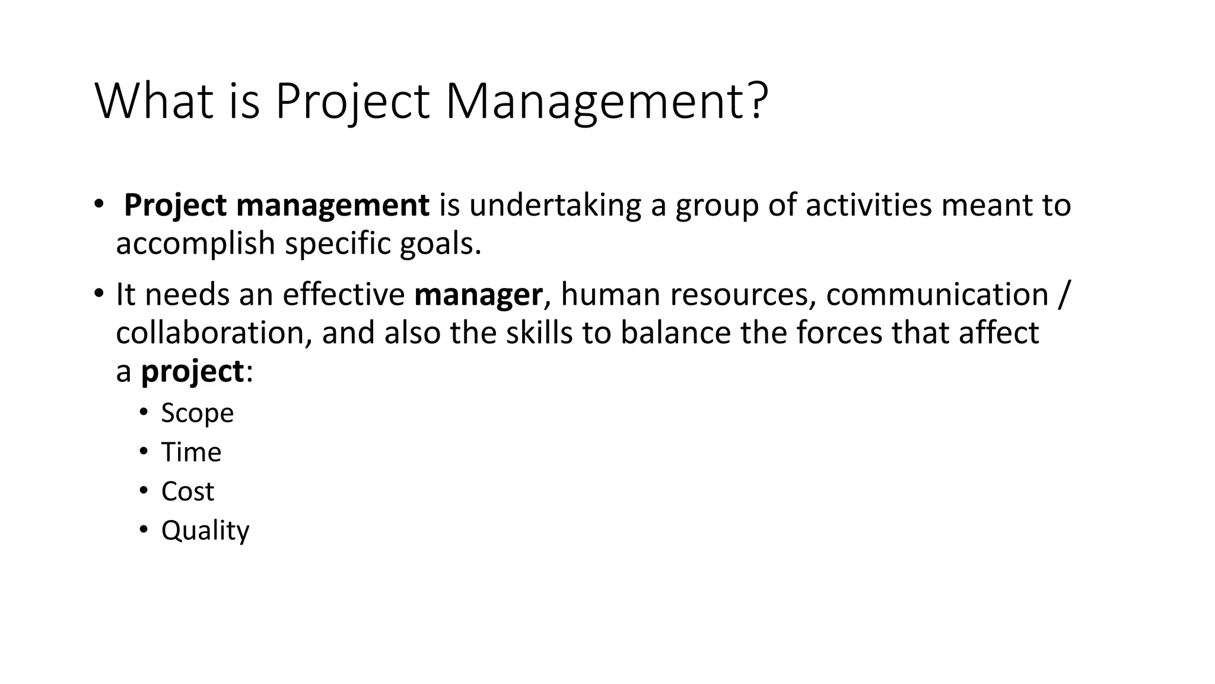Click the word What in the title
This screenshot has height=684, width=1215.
154,102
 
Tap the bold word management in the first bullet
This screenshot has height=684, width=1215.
332,205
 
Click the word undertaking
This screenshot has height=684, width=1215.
555,205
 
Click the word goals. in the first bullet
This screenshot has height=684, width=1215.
441,243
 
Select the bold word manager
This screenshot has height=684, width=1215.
478,294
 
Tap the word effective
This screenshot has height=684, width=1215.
343,294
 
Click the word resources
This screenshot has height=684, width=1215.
740,294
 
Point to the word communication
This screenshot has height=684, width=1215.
937,294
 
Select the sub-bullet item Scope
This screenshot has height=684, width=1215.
198,413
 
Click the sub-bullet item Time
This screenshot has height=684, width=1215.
191,452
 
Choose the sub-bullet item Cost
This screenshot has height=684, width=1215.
187,492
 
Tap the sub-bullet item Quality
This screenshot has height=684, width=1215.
205,531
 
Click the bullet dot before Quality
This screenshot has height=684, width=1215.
143,529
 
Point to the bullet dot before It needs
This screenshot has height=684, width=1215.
98,294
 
